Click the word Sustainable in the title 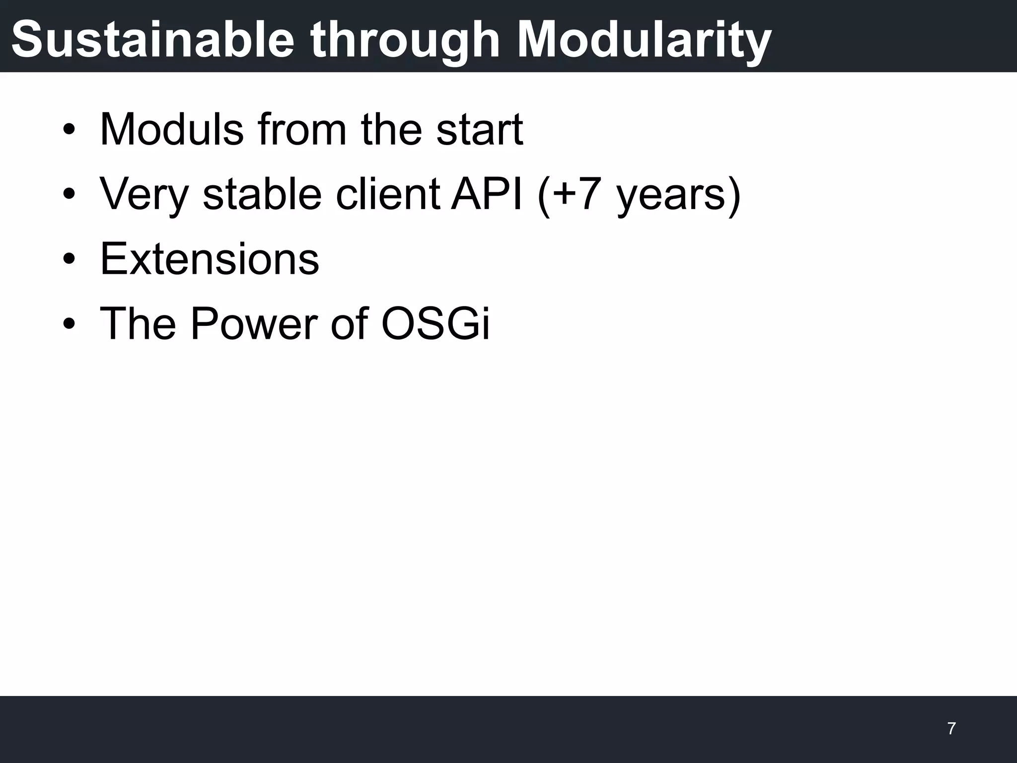[153, 40]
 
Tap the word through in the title [405, 40]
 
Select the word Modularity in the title [644, 40]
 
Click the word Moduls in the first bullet [171, 130]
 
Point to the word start [479, 130]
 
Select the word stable [262, 194]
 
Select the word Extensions [209, 259]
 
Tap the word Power [253, 323]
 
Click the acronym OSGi [436, 323]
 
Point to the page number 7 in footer [951, 729]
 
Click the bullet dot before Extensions [69, 260]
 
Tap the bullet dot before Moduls [69, 131]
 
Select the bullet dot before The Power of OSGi [69, 324]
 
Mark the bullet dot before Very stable [69, 195]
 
